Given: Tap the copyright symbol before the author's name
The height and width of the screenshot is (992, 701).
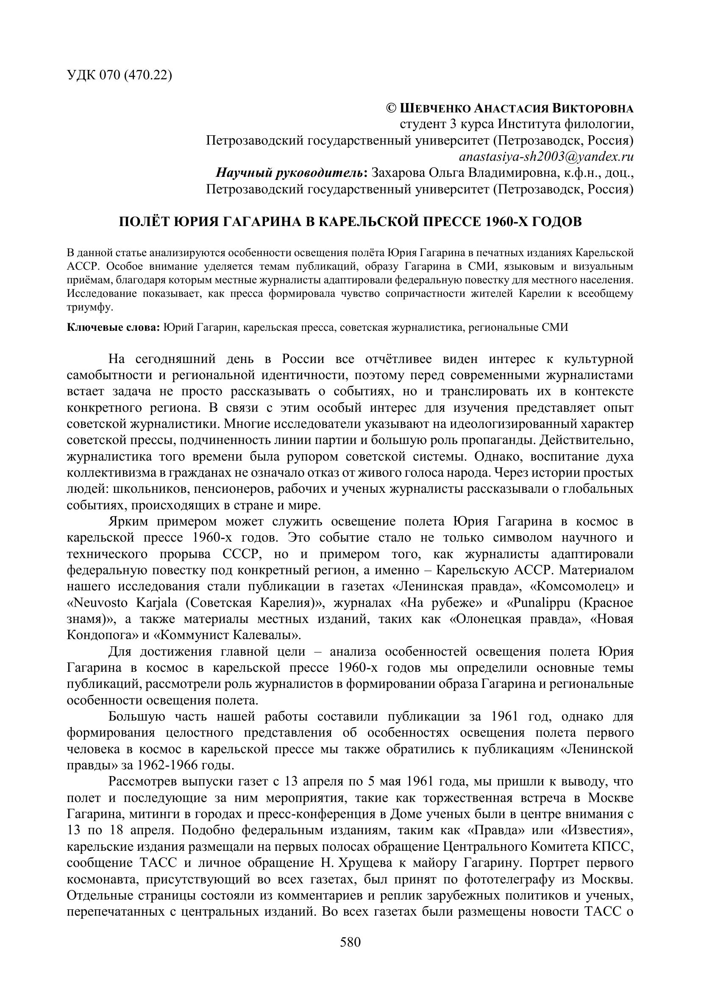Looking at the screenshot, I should point(391,108).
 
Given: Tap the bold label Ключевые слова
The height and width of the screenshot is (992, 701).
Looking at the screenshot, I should point(114,327).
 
